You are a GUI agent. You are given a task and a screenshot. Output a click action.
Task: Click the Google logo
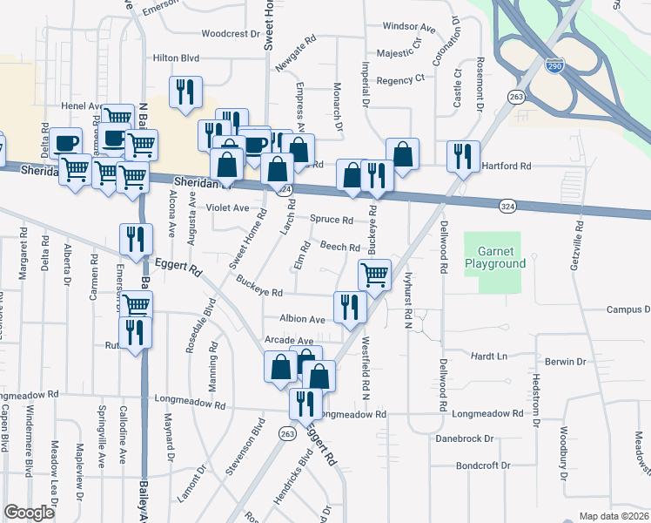(x=29, y=513)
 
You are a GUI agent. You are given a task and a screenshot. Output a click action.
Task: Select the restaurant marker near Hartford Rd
(x=461, y=157)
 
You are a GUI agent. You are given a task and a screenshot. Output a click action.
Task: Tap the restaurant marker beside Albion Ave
(x=346, y=307)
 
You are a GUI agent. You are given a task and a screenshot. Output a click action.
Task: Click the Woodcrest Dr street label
(x=231, y=34)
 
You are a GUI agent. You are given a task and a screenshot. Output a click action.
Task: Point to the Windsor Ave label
(x=408, y=27)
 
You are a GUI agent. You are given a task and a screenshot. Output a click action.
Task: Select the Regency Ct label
(x=400, y=78)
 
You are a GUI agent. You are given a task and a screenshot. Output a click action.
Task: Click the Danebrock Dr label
(x=465, y=438)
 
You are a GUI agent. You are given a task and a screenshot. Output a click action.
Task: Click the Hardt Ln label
(x=488, y=357)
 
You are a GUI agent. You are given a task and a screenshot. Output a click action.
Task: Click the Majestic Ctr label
(x=399, y=52)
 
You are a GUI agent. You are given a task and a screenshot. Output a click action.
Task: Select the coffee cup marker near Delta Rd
(x=65, y=143)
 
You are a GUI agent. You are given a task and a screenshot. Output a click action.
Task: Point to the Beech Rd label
(x=341, y=248)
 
